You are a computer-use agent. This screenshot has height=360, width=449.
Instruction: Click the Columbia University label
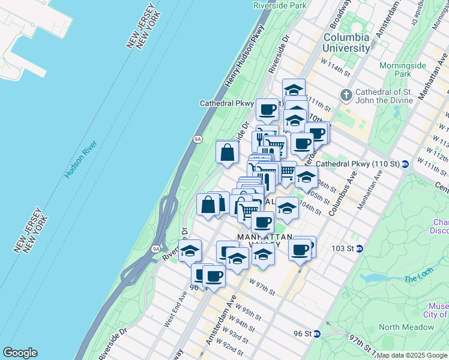[x=346, y=43]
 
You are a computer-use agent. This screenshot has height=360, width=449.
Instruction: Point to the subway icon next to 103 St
[x=359, y=248]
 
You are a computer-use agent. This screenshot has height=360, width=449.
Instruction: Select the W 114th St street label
[x=335, y=66]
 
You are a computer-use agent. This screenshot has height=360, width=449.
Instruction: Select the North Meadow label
[x=406, y=327]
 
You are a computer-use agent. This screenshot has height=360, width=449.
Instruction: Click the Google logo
[x=20, y=353]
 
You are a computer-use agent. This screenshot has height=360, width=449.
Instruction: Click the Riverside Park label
[x=280, y=5]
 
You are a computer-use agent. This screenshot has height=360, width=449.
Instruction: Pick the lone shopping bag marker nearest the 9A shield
[x=228, y=152]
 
